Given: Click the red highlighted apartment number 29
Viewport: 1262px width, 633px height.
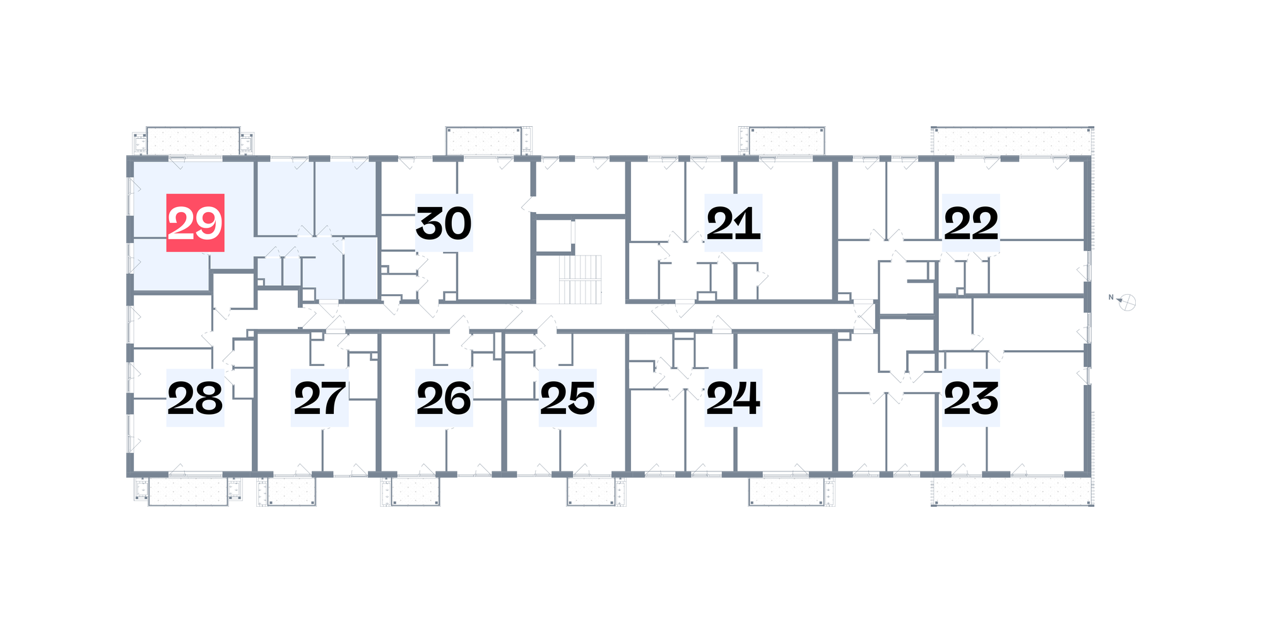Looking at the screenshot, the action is [x=195, y=223].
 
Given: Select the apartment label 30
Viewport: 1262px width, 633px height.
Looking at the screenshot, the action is [x=444, y=223].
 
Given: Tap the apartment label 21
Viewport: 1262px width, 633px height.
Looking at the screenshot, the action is [x=733, y=223].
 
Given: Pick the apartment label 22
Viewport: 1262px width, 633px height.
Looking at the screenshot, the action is [x=971, y=223].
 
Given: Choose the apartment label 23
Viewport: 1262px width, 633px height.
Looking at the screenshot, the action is [x=971, y=398].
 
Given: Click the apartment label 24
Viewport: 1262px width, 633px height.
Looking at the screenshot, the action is [x=733, y=398].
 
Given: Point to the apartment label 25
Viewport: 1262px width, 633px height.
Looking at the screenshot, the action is [x=568, y=398].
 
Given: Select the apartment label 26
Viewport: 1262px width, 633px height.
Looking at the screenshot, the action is [x=444, y=398].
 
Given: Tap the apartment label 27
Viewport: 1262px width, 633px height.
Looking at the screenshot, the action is [x=319, y=398].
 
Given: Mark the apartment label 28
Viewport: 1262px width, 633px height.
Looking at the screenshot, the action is [x=195, y=398].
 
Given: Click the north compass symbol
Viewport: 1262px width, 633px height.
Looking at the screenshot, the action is [x=1127, y=302].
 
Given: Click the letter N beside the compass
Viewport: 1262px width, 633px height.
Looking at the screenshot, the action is [x=1111, y=297].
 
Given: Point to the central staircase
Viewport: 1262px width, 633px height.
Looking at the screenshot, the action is [x=580, y=279].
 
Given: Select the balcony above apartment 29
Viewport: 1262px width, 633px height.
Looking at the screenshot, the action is [x=193, y=141].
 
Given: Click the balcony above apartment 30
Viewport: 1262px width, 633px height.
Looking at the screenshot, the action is [x=484, y=141].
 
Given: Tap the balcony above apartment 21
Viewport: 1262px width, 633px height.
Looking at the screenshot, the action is [x=786, y=141].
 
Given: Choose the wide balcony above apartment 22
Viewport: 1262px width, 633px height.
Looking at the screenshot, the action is [x=1012, y=141].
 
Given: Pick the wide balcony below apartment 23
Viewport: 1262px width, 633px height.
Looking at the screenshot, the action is [x=1012, y=491].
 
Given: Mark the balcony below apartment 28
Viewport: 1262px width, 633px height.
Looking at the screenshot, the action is [x=188, y=491].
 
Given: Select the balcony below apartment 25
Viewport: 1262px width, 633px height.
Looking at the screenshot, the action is [x=591, y=491].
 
